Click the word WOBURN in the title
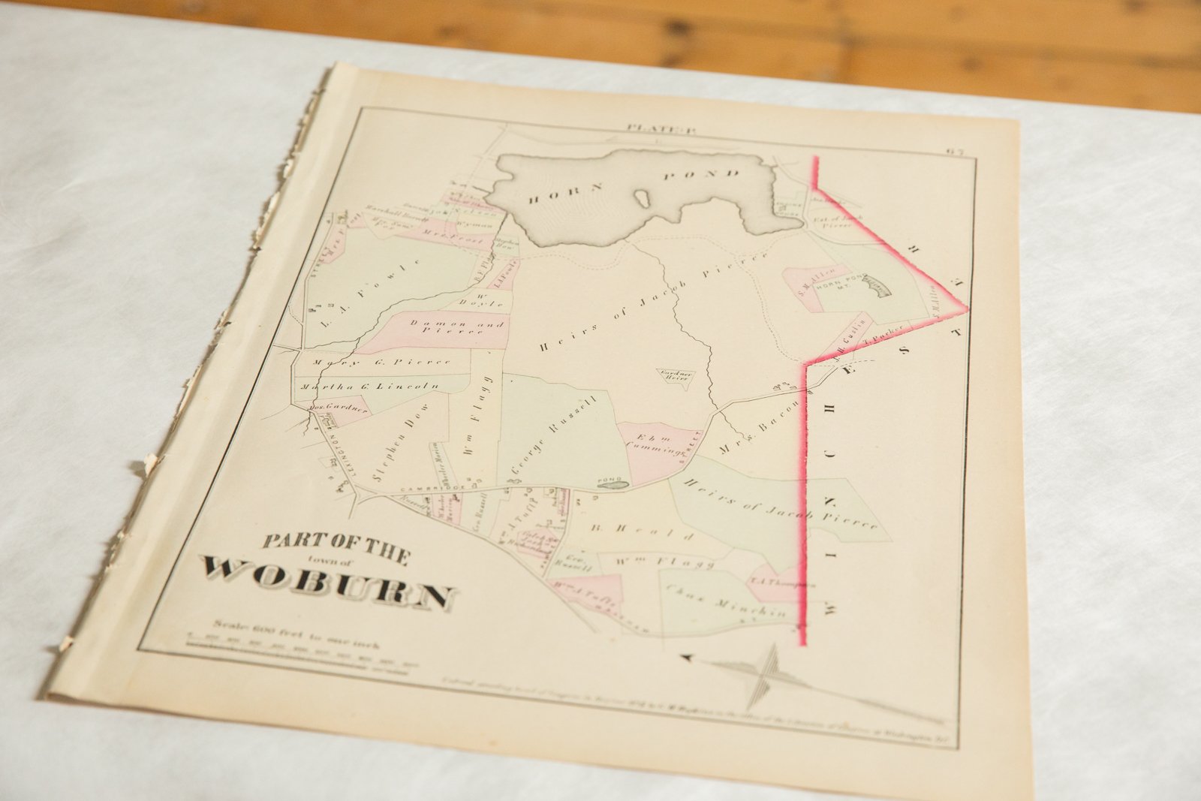tap(327, 582)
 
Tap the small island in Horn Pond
tap(643, 199)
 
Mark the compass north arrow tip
tap(685, 658)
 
